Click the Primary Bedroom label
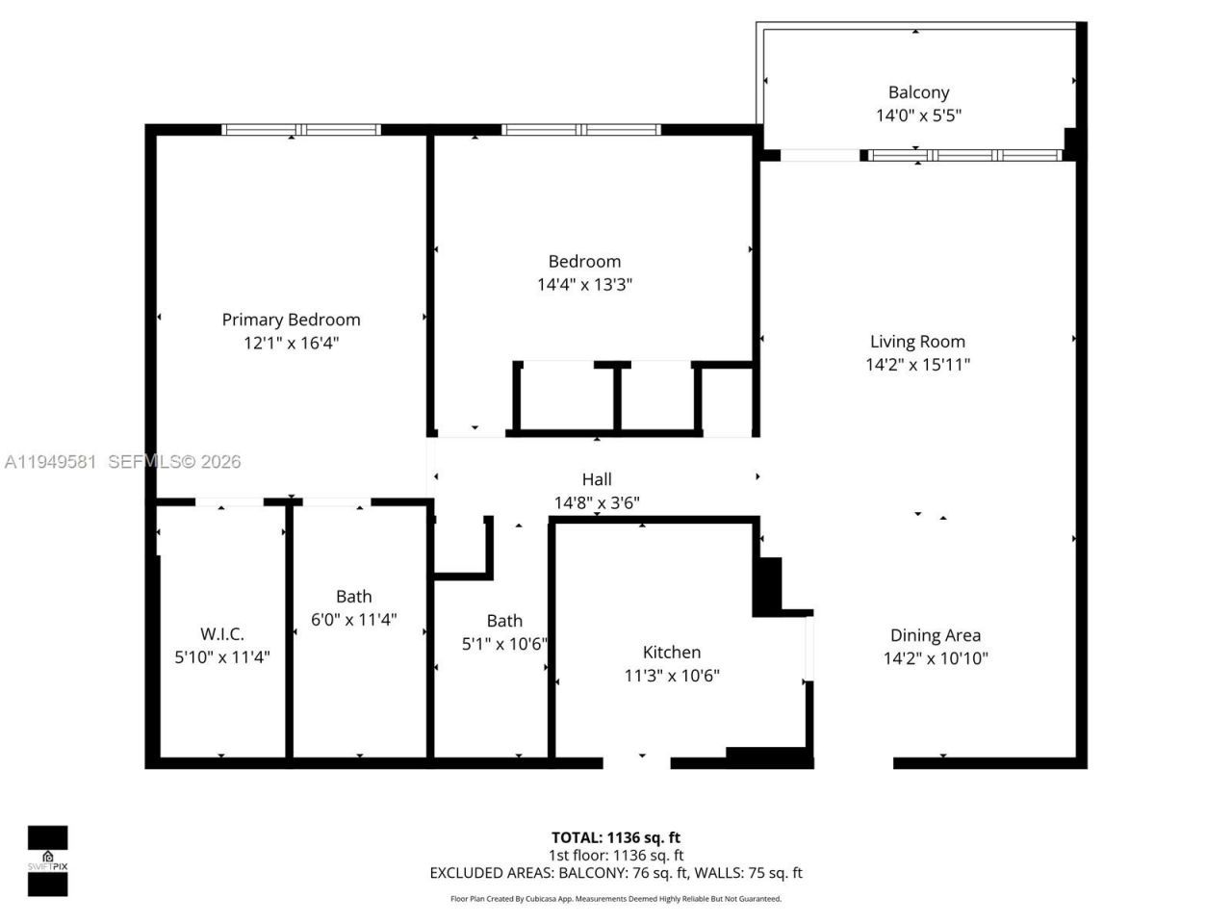[x=291, y=320]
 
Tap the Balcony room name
[x=918, y=92]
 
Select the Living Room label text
[x=917, y=341]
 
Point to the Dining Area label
[x=936, y=635]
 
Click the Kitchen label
[x=672, y=653]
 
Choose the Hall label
[x=597, y=479]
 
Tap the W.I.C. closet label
[x=222, y=634]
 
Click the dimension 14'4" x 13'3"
[x=584, y=285]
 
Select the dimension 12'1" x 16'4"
[x=291, y=343]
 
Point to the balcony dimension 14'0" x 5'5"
[x=918, y=115]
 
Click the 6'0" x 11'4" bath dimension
[x=354, y=620]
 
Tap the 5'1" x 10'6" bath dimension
[x=504, y=644]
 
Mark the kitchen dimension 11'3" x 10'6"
[x=672, y=676]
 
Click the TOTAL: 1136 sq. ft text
[x=616, y=837]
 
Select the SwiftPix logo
[x=47, y=860]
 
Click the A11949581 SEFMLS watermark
[x=122, y=462]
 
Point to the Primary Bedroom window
[x=301, y=130]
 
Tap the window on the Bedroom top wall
[x=580, y=130]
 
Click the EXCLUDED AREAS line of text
[x=616, y=873]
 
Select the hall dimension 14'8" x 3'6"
[x=597, y=502]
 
